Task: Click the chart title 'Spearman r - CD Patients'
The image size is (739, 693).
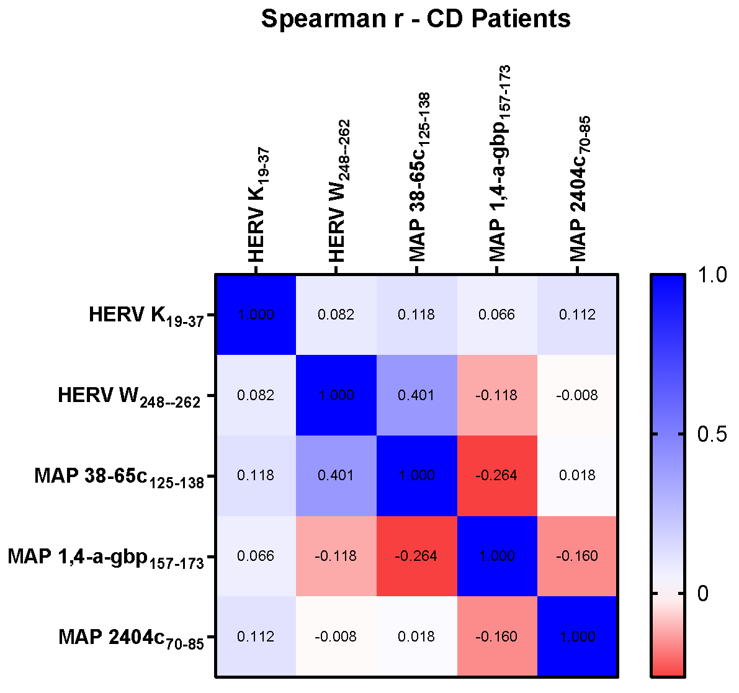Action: pyautogui.click(x=415, y=19)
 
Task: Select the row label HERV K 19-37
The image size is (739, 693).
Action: pyautogui.click(x=146, y=316)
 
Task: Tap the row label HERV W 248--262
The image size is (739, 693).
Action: pyautogui.click(x=129, y=396)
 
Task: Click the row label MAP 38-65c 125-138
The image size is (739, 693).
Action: pyautogui.click(x=119, y=477)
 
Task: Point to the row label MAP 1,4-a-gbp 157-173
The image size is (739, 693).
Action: pyautogui.click(x=105, y=557)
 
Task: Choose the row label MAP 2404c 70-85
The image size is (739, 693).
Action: pyautogui.click(x=131, y=638)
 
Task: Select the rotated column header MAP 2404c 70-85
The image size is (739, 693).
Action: pyautogui.click(x=579, y=189)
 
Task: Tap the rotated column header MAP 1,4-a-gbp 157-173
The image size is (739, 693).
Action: pyautogui.click(x=499, y=164)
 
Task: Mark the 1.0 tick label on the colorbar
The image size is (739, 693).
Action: pyautogui.click(x=711, y=275)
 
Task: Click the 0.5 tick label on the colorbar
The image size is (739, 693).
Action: pyautogui.click(x=711, y=434)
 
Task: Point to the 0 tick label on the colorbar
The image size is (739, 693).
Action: pyautogui.click(x=702, y=594)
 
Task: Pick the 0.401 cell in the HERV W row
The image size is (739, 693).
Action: pyautogui.click(x=416, y=395)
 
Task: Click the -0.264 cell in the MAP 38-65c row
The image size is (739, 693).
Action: pyautogui.click(x=497, y=475)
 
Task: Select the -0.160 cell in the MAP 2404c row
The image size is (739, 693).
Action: pyautogui.click(x=497, y=637)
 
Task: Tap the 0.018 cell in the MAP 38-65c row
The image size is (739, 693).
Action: pyautogui.click(x=578, y=475)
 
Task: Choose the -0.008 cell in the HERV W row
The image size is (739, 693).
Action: pyautogui.click(x=578, y=395)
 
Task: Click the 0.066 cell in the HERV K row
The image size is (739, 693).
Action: pyautogui.click(x=497, y=315)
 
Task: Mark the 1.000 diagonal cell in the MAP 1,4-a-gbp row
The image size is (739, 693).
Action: pyautogui.click(x=497, y=556)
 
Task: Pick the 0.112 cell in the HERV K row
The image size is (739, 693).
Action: pyautogui.click(x=578, y=315)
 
